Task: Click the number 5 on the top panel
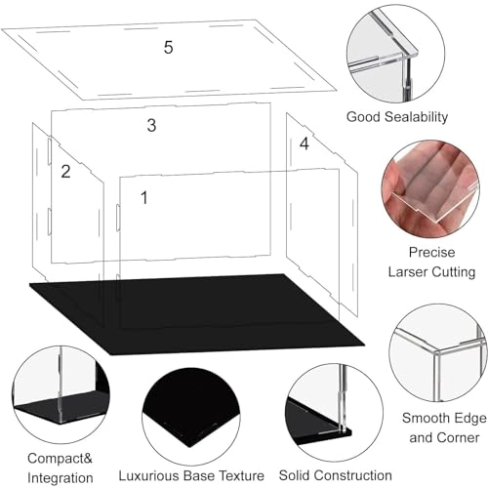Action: pyautogui.click(x=169, y=47)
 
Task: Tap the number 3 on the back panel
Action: pyautogui.click(x=151, y=125)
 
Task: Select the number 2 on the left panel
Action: pyautogui.click(x=65, y=172)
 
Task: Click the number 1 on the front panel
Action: pyautogui.click(x=143, y=198)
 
